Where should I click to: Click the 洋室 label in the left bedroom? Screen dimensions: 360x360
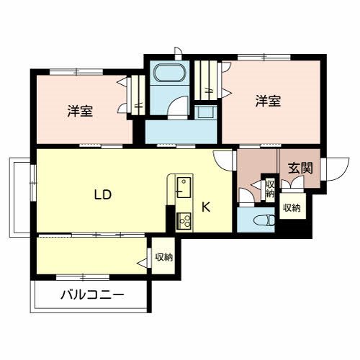coord(79,111)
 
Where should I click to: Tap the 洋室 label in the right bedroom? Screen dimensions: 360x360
coord(267,102)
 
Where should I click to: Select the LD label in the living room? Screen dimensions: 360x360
coord(102,194)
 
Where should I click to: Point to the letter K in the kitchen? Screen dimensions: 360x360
coord(205,207)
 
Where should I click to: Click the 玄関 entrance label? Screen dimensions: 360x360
coord(300,169)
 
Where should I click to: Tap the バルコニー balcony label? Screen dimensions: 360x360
coord(91,294)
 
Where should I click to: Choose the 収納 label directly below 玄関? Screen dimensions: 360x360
coord(292,208)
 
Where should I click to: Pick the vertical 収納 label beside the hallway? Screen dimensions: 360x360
coord(269,189)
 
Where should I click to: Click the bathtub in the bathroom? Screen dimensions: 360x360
coord(170,74)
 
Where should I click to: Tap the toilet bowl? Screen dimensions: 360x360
coord(263,220)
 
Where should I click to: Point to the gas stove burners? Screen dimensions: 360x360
coord(183,220)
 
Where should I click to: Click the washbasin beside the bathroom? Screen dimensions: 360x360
coord(204,112)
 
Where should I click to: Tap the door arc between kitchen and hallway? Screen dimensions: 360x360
coord(223,160)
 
